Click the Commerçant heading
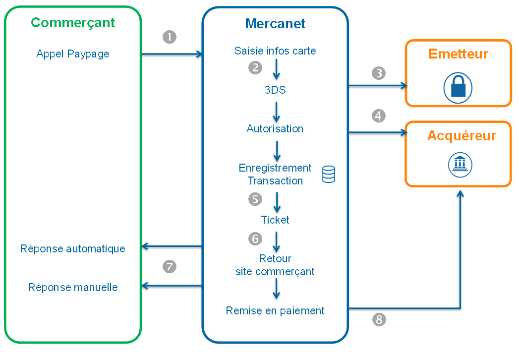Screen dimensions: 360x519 coord(73,23)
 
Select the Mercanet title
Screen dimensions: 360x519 coord(275,23)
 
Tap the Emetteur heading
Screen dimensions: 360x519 coord(458,54)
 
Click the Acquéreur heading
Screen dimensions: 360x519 coord(461,136)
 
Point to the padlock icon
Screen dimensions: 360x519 coord(458,88)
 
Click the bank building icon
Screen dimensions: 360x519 coord(461,164)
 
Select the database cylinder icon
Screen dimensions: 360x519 coord(328,175)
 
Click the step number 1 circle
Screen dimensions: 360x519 coord(170,37)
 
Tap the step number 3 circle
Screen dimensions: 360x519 coord(379,73)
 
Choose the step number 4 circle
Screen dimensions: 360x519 coord(379,116)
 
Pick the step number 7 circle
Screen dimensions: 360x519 coord(170,267)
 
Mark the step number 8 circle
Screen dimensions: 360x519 coord(379,320)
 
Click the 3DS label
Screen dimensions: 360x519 coord(275,90)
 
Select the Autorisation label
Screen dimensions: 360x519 coord(275,129)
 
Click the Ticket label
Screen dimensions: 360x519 coord(275,220)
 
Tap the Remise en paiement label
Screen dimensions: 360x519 coord(275,311)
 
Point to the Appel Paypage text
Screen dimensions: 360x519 coord(73,54)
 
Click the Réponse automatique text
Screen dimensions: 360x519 coord(73,249)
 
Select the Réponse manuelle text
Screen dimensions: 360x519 coord(73,288)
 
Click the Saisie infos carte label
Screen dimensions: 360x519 coord(275,51)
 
